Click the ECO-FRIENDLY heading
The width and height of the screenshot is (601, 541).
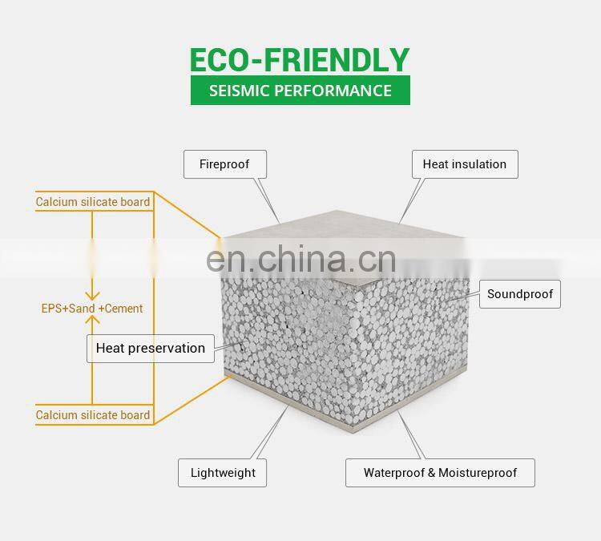[300, 59]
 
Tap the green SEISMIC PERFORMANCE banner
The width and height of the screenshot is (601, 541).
[300, 90]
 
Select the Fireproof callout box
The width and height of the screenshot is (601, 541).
[224, 164]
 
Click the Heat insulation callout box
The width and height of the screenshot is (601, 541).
[464, 164]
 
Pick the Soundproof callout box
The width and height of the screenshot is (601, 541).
[519, 294]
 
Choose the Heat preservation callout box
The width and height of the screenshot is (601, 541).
[150, 348]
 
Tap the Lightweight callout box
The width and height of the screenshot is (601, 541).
[222, 472]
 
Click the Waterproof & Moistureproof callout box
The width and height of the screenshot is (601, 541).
[440, 472]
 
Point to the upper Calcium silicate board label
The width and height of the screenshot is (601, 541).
[93, 202]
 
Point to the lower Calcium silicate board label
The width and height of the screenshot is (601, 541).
[93, 415]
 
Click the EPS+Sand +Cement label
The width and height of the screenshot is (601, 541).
[92, 308]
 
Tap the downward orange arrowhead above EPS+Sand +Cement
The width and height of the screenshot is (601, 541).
[92, 294]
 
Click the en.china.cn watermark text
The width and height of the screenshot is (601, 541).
[300, 259]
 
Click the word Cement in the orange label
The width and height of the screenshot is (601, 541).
[124, 308]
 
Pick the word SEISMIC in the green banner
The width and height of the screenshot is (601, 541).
[238, 90]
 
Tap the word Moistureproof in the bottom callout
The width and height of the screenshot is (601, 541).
[479, 472]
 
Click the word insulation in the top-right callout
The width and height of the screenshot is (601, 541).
[479, 164]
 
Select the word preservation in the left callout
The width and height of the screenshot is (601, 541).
[167, 348]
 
